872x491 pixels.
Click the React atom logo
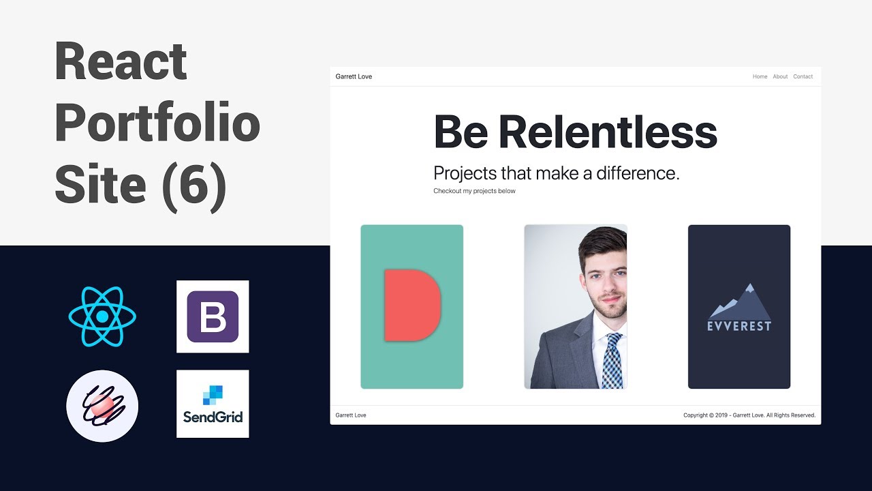tap(102, 316)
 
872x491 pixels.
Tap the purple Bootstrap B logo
tap(213, 316)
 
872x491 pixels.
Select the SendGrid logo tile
tap(213, 404)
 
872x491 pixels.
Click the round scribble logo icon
tap(102, 406)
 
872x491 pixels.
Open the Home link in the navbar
tap(760, 76)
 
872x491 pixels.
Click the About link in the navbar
tap(780, 76)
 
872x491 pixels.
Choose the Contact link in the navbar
tap(803, 76)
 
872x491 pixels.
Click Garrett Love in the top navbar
tap(354, 76)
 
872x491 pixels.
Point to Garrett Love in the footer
tap(351, 415)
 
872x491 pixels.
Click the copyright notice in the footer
tap(749, 415)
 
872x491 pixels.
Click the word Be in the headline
tap(461, 132)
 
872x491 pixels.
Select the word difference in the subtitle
tap(638, 173)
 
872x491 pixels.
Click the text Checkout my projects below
tap(474, 191)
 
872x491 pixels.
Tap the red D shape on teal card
tap(411, 305)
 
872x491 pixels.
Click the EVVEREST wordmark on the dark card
tap(739, 326)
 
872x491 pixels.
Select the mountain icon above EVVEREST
tap(739, 301)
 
